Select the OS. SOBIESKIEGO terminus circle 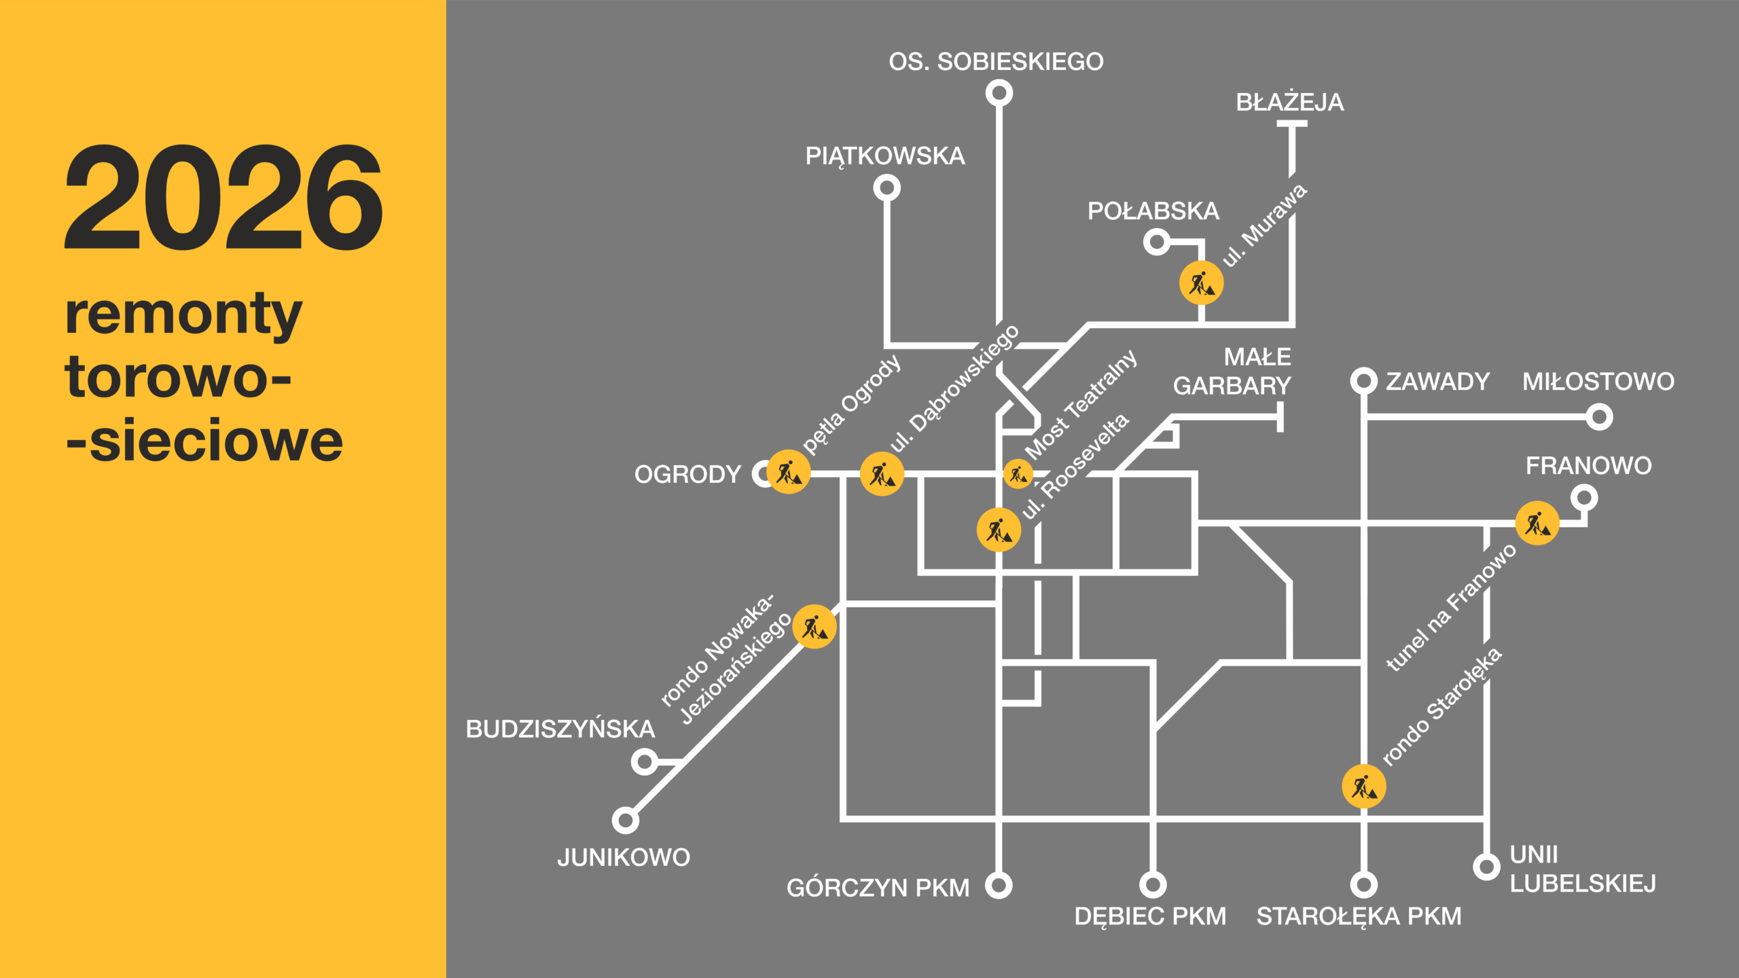tap(999, 93)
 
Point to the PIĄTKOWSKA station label tap(884, 156)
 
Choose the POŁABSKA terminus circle tap(1156, 242)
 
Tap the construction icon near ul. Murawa tap(1201, 283)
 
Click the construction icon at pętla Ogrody tap(789, 472)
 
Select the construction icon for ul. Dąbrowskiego tap(882, 474)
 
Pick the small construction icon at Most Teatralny tap(1018, 474)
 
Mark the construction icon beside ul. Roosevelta tap(999, 530)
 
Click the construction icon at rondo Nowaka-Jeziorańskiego tap(814, 627)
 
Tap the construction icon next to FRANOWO tap(1537, 524)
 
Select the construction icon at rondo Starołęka tap(1363, 786)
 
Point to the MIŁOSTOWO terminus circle tap(1599, 416)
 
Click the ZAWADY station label tap(1437, 382)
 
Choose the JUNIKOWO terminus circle tap(626, 820)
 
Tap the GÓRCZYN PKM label tap(878, 888)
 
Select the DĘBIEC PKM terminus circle tap(1153, 884)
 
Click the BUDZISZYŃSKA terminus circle tap(644, 761)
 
